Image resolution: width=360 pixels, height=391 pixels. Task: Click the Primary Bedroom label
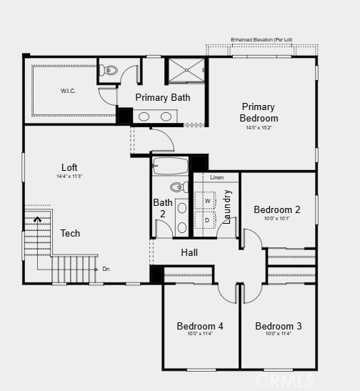click(259, 112)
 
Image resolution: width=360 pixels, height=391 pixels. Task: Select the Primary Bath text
click(163, 97)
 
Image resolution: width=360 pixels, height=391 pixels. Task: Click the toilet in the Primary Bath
click(109, 70)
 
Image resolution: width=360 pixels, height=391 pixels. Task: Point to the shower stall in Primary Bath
click(186, 71)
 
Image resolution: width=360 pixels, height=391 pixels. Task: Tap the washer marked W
click(207, 201)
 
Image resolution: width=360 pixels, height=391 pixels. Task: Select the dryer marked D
click(206, 220)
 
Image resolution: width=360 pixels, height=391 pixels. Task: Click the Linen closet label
click(216, 177)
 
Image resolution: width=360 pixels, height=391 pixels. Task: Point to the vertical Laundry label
click(227, 207)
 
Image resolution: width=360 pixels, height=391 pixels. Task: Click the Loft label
click(69, 167)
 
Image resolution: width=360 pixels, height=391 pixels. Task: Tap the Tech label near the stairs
click(70, 233)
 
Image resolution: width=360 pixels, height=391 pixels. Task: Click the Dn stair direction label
click(106, 269)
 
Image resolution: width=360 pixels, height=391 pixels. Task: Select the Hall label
click(189, 252)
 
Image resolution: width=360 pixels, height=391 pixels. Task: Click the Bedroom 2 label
click(277, 209)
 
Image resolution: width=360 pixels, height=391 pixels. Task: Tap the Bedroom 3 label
click(278, 326)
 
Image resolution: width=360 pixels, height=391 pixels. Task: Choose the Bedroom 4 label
click(200, 326)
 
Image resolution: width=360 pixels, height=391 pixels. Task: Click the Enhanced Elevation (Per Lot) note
click(261, 39)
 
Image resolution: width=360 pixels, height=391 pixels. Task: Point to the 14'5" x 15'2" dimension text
click(259, 128)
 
